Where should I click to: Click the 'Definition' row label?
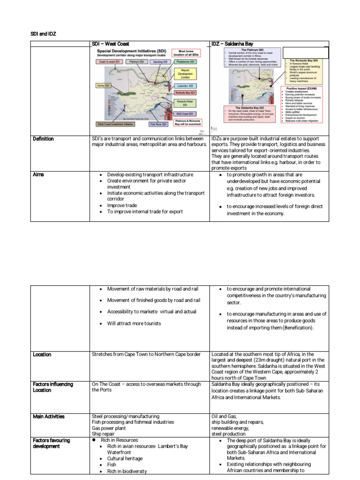tap(43, 139)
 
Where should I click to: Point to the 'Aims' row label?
tap(38, 174)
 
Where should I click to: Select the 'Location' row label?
tap(42, 354)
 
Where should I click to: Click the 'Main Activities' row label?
tap(49, 416)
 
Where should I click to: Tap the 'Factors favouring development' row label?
tap(52, 443)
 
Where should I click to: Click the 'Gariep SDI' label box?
tap(103, 86)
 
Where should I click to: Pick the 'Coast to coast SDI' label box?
tap(110, 61)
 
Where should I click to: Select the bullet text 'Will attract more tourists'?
tap(134, 323)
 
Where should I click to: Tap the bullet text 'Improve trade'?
tap(120, 205)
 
